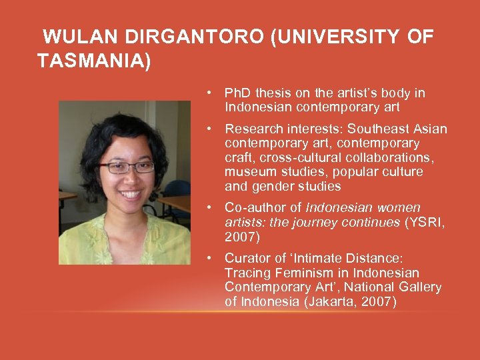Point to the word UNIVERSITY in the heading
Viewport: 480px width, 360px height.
point(336,37)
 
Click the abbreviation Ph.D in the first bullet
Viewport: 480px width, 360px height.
point(239,93)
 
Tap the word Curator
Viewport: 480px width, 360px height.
point(246,258)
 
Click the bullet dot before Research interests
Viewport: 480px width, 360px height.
point(209,129)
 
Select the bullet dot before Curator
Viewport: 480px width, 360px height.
point(209,258)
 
